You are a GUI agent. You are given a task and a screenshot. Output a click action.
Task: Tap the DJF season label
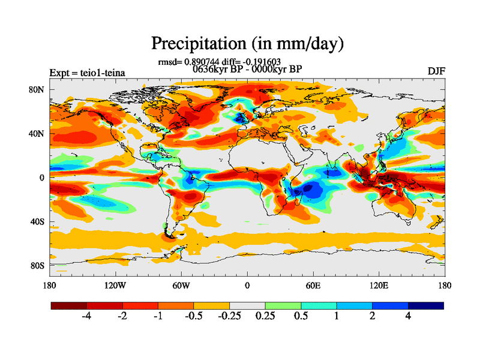point(436,71)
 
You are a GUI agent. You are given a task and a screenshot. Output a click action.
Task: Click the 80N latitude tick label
point(38,89)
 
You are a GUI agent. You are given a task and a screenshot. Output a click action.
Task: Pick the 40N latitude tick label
point(38,133)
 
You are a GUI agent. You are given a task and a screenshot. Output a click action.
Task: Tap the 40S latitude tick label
point(38,221)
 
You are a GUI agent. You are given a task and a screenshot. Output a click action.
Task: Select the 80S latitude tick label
point(38,265)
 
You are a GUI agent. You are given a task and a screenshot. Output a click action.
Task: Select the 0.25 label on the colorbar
point(265,317)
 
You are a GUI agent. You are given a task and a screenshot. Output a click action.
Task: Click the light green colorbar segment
point(283,305)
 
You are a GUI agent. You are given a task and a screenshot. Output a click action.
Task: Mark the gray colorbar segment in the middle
point(247,305)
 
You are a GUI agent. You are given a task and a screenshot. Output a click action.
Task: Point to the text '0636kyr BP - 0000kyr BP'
point(247,69)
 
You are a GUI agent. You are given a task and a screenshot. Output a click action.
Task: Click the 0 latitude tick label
point(42,178)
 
